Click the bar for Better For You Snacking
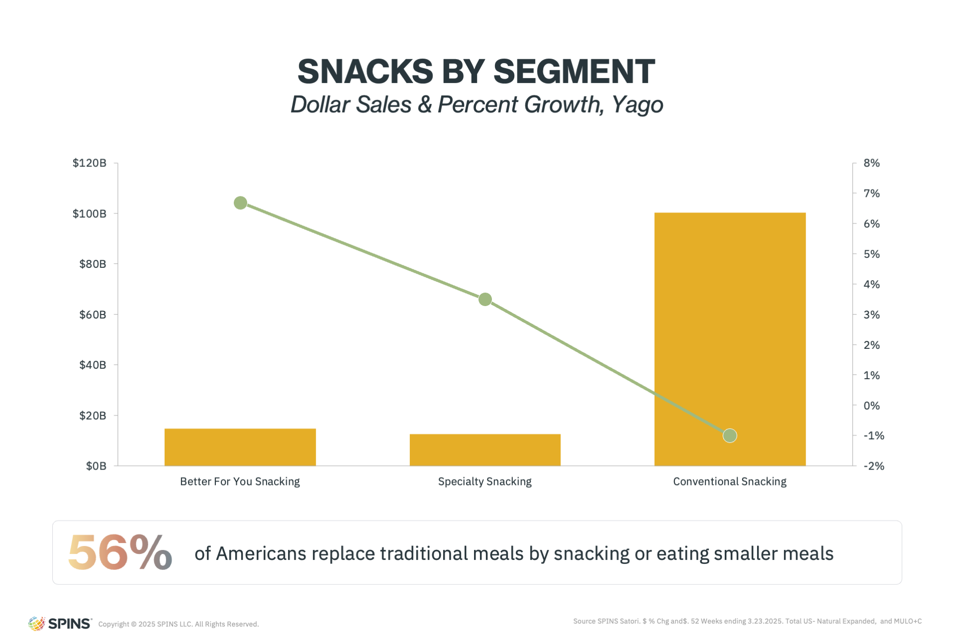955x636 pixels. tap(240, 447)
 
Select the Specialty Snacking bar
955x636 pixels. tap(485, 450)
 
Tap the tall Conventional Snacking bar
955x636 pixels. tap(730, 339)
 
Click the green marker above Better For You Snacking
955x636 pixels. tap(240, 203)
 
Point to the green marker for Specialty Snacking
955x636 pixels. tap(485, 300)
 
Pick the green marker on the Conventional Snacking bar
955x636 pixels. tap(730, 436)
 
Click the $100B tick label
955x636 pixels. tap(90, 214)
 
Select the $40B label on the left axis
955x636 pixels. tap(93, 365)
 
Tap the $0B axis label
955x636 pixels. tap(96, 466)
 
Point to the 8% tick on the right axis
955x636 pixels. tap(871, 163)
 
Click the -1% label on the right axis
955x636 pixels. tap(874, 436)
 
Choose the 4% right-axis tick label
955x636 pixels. tap(871, 284)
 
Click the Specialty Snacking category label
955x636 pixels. tap(485, 481)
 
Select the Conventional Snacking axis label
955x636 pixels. tap(730, 481)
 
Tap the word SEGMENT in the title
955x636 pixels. tap(574, 71)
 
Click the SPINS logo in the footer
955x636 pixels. tap(60, 623)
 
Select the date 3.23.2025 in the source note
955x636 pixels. tap(765, 621)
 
